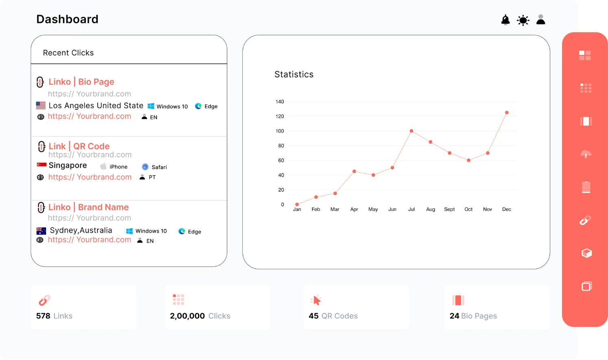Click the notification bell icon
(506, 20)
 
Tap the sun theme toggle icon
(523, 20)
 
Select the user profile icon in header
(540, 20)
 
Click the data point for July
(412, 131)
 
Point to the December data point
(507, 113)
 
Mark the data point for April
(354, 171)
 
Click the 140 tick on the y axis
(280, 102)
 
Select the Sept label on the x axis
(449, 209)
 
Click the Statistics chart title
(294, 74)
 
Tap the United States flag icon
(41, 106)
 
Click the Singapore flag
(41, 165)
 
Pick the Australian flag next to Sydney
(41, 231)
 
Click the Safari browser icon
(145, 167)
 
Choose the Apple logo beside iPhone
(103, 166)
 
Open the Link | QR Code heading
(79, 146)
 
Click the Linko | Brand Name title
(88, 207)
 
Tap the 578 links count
(43, 316)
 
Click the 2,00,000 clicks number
(187, 316)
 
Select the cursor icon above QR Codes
(316, 300)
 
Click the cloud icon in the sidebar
(586, 154)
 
